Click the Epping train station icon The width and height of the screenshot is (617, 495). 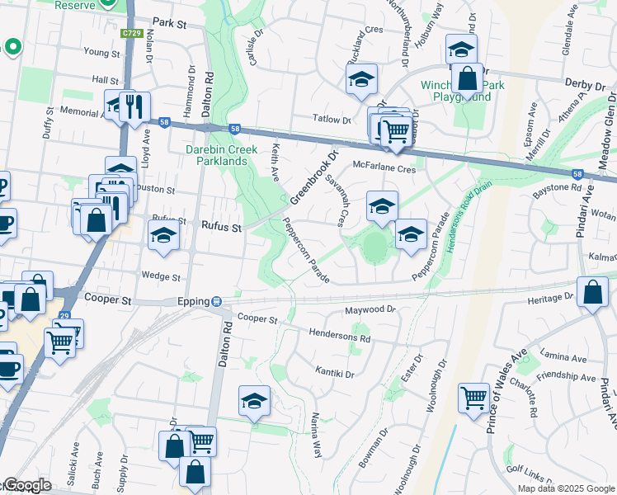point(216,302)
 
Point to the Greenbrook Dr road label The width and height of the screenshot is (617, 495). point(314,177)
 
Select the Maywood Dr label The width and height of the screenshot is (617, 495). point(370,310)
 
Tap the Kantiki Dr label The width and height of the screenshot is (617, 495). point(334,373)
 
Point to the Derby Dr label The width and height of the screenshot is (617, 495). point(586,83)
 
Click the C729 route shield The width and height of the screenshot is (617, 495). point(130,33)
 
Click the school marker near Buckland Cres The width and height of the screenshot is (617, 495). point(360,79)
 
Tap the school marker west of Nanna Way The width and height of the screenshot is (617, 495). point(254,401)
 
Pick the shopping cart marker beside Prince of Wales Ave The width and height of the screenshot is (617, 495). point(473,398)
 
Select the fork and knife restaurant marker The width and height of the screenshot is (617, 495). point(134,106)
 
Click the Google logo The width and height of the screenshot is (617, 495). point(27,485)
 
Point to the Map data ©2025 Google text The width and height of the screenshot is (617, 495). point(567,488)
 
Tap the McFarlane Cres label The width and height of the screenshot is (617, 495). point(384,167)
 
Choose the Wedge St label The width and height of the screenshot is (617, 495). point(161,277)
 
